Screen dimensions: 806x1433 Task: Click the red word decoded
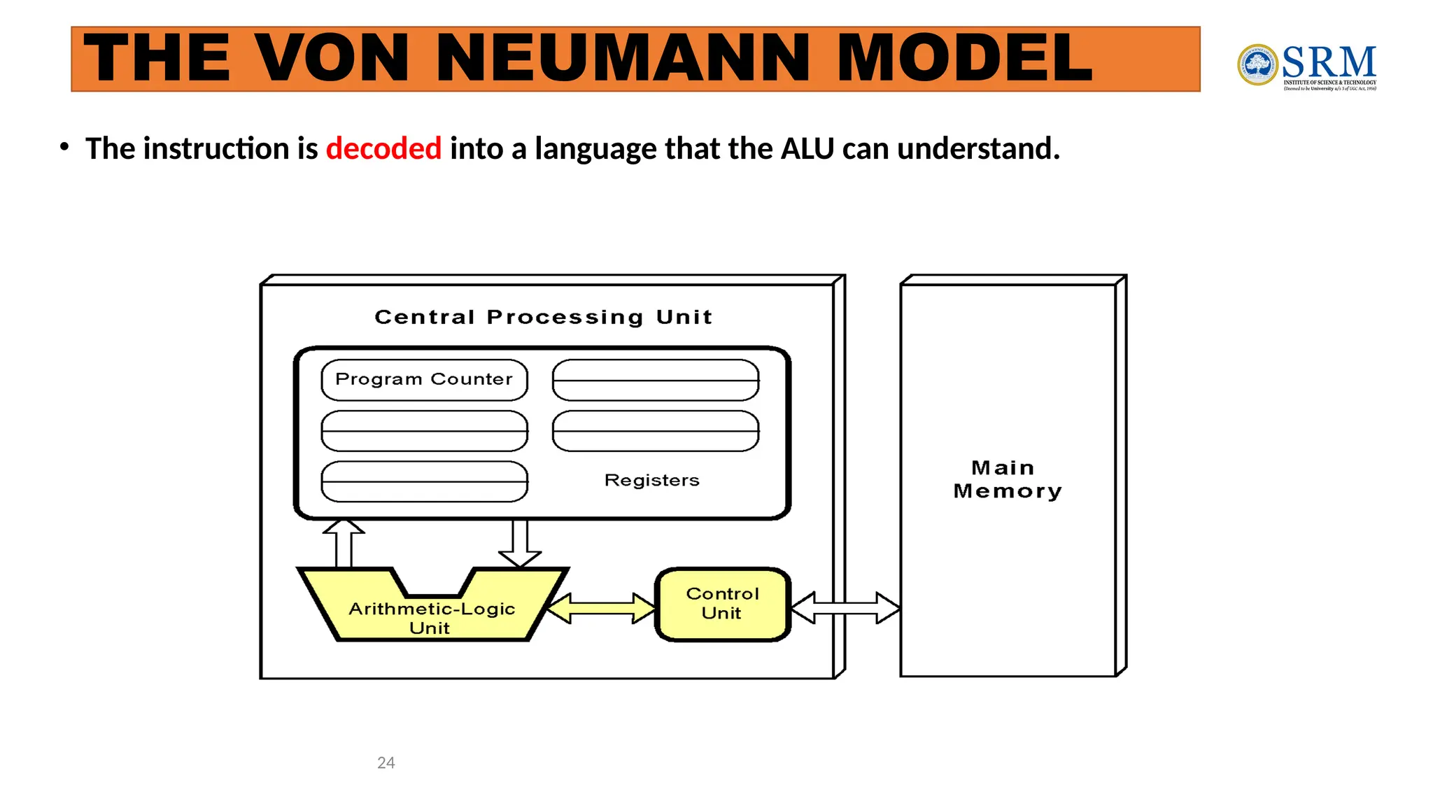383,149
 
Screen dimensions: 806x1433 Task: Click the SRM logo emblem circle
1257,65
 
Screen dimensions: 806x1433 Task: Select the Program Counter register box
424,380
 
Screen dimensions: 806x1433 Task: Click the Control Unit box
723,604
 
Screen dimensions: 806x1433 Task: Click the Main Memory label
1007,479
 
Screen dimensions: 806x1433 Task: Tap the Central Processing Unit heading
544,317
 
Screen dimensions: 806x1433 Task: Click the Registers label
651,481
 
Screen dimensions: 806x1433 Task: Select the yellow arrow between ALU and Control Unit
601,608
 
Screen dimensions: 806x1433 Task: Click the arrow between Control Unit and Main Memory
845,607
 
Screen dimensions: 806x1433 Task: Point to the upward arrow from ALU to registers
344,543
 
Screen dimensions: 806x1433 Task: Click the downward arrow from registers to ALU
520,543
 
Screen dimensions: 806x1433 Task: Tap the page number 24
386,763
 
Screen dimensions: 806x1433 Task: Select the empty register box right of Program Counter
656,380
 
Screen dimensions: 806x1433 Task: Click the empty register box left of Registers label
424,481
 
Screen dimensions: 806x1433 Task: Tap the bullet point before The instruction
64,147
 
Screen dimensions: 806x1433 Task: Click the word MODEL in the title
964,59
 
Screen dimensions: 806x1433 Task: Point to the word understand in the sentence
978,149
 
